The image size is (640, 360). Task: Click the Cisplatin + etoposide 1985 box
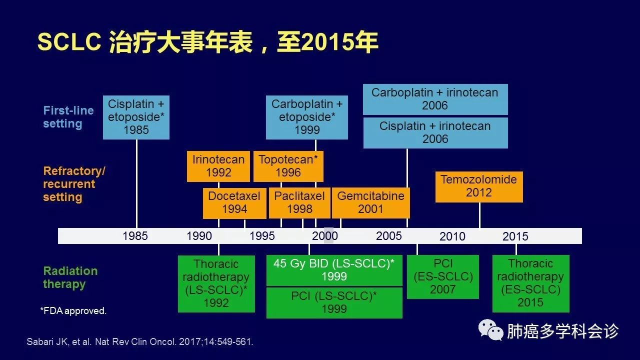pos(136,117)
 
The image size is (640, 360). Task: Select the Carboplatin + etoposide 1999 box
pos(307,117)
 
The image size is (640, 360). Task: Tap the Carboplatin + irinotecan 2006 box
pos(435,99)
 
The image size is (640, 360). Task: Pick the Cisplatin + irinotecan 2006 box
pos(435,133)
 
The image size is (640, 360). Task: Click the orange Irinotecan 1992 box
pos(218,166)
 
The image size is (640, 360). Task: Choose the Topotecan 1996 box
pos(288,166)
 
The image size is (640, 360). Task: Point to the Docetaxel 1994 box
pos(234,203)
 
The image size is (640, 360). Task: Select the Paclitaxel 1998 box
pos(299,203)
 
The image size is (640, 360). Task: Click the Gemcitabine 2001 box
pos(371,203)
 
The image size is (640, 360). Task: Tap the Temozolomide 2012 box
pos(479,187)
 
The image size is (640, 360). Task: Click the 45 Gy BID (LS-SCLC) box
pos(334,270)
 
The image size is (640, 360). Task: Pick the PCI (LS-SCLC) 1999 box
pos(334,303)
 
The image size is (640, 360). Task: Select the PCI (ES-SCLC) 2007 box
pos(443,277)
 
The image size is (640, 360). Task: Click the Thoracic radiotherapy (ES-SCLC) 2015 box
pos(531,283)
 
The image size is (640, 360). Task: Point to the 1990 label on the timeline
pos(199,236)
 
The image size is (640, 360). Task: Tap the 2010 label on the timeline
pos(452,236)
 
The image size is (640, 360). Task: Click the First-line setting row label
pos(68,117)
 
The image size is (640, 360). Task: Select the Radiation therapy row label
pos(70,277)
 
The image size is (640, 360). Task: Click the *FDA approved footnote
pos(73,310)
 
